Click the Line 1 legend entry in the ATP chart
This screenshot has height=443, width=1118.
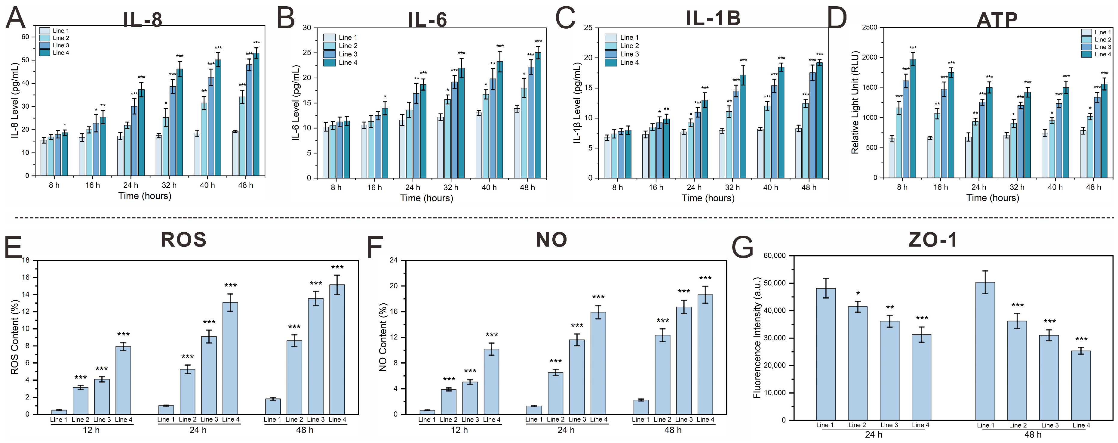(x=1096, y=32)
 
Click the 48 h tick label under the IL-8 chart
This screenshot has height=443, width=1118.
(x=246, y=185)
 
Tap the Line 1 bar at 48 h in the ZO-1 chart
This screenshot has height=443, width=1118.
(x=985, y=351)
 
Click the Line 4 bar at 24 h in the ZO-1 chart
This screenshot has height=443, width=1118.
(x=921, y=377)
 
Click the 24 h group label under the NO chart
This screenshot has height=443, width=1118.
(x=566, y=430)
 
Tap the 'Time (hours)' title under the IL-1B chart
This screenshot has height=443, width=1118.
(x=708, y=198)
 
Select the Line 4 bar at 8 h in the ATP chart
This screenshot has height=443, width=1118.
(x=913, y=119)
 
